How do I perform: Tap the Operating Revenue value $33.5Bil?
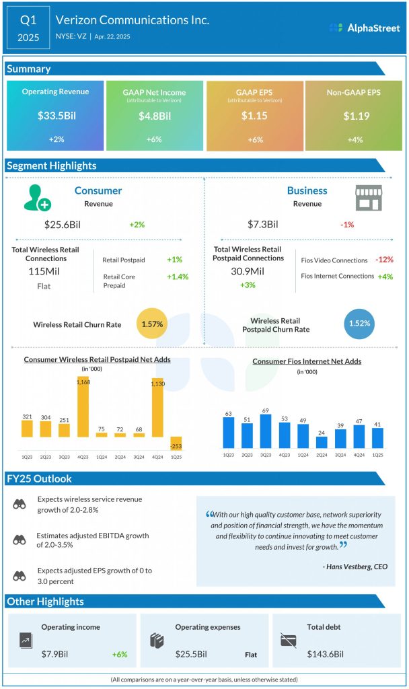pyautogui.click(x=57, y=116)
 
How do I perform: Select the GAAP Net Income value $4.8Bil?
pyautogui.click(x=154, y=116)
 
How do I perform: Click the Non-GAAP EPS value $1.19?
pyautogui.click(x=355, y=116)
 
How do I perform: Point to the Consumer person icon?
pyautogui.click(x=36, y=196)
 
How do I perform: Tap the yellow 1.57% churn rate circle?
pyautogui.click(x=152, y=324)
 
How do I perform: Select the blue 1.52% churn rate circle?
pyautogui.click(x=359, y=324)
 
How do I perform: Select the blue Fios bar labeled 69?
pyautogui.click(x=265, y=431)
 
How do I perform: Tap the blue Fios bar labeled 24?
pyautogui.click(x=322, y=442)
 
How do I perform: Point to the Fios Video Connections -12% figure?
pyautogui.click(x=385, y=260)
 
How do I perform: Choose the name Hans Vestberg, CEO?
pyautogui.click(x=355, y=567)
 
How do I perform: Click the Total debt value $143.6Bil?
pyautogui.click(x=325, y=654)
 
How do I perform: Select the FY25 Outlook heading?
pyautogui.click(x=39, y=479)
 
